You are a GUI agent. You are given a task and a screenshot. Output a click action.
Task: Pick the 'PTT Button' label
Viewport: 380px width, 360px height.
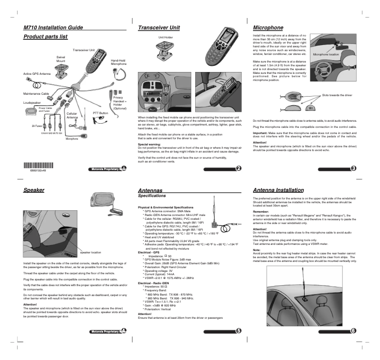[100, 113]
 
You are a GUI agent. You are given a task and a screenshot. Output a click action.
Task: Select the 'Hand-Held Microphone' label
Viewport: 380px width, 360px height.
[118, 62]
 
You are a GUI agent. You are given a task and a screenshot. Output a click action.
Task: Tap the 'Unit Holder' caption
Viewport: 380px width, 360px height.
[165, 37]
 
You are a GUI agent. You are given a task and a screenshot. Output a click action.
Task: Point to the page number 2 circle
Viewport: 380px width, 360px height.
[238, 169]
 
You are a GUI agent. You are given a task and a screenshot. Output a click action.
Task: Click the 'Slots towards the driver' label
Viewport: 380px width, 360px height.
[337, 95]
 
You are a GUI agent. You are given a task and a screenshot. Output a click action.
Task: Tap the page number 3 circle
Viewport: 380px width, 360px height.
[353, 169]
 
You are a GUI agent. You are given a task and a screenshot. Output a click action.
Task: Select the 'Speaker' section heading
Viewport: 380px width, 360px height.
[34, 190]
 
